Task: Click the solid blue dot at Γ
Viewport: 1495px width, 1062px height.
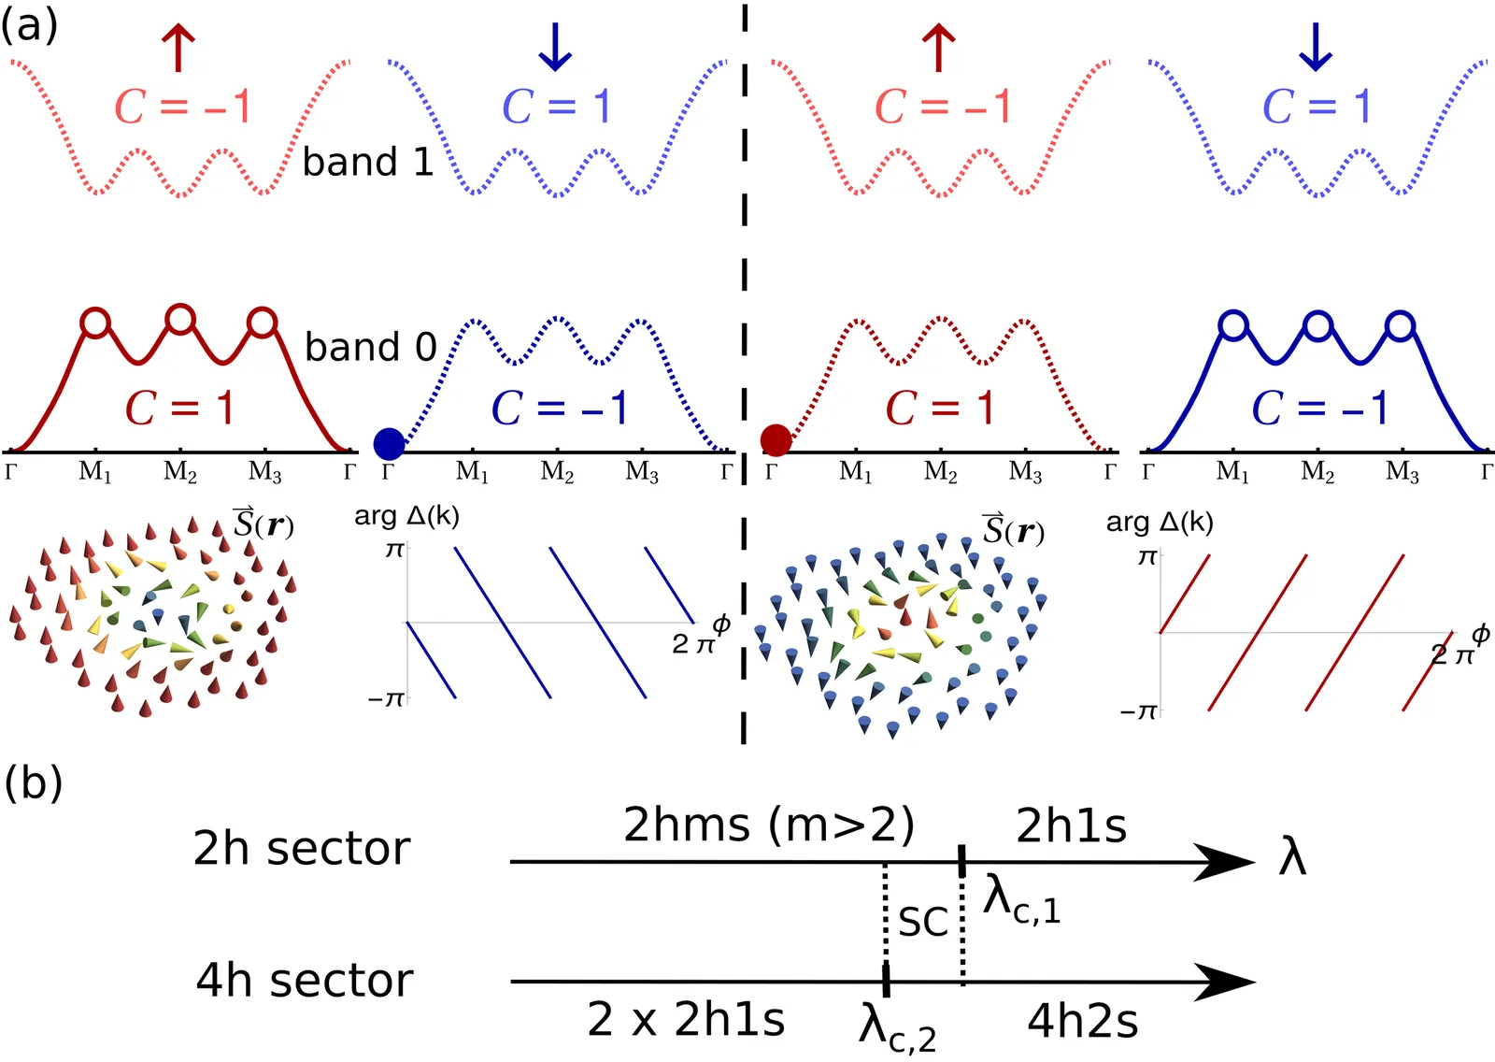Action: pos(389,443)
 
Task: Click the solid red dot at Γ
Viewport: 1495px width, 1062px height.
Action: pos(776,440)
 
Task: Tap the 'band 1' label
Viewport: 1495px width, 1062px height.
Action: pos(368,162)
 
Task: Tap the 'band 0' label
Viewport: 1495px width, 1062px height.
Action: pos(370,347)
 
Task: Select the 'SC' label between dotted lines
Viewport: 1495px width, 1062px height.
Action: pos(923,922)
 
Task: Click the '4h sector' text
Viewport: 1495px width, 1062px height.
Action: pos(305,981)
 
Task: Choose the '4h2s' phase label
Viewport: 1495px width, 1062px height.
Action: pos(1082,1022)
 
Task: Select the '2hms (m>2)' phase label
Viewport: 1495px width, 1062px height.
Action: pos(768,826)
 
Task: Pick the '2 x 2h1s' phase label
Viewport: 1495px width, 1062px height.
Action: pos(686,1020)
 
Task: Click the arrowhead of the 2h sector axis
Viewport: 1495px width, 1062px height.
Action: pos(1224,862)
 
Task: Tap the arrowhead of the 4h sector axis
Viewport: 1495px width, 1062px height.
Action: pos(1224,982)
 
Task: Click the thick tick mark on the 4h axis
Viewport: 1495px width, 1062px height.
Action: pos(886,981)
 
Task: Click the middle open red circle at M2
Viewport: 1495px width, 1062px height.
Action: pos(180,320)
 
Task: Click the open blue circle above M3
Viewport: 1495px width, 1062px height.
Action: pos(1401,326)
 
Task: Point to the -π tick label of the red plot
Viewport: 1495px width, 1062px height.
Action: pos(1140,712)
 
